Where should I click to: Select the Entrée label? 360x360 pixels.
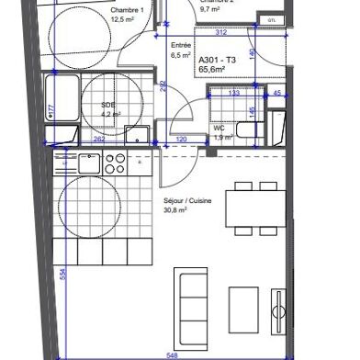(x=182, y=44)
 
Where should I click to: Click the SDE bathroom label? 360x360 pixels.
(x=108, y=105)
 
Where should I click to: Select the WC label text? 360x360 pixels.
(x=220, y=127)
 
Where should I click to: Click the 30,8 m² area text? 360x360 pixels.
(x=150, y=209)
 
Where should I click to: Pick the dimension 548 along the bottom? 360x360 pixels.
(x=173, y=354)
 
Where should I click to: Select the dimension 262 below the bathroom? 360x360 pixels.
(x=98, y=141)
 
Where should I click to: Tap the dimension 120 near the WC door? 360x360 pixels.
(x=182, y=141)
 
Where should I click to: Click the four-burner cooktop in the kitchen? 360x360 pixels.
(x=115, y=163)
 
